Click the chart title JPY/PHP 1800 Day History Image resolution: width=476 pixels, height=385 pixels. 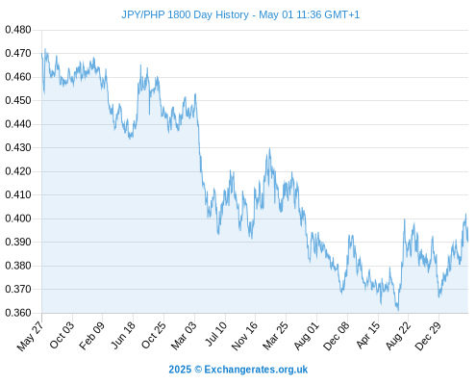pos(185,14)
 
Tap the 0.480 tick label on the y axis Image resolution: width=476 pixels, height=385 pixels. pos(18,30)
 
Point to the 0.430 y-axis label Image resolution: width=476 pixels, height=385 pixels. pos(18,147)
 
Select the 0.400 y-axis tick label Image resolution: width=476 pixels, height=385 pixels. pos(18,218)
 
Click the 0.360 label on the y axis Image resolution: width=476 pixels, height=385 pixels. pos(18,313)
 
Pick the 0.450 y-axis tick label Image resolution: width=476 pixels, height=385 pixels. pos(18,100)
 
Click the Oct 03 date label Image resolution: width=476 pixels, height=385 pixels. pos(62,335)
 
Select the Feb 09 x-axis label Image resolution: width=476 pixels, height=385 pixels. pos(92,335)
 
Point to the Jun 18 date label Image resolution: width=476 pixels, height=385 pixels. pos(123,335)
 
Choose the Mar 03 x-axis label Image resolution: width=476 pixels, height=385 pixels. pos(184,335)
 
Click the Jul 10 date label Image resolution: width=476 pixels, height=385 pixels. pos(215,334)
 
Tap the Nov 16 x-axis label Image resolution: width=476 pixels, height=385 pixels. pos(244,336)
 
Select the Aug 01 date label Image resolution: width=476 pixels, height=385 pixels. pos(306,335)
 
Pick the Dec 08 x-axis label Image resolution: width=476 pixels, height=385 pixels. pos(336,336)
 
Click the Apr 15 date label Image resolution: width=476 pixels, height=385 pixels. pos(367,335)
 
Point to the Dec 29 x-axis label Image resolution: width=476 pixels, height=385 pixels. pos(428,336)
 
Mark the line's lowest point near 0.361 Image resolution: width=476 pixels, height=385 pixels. pos(398,310)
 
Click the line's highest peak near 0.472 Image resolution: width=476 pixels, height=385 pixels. pos(45,49)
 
